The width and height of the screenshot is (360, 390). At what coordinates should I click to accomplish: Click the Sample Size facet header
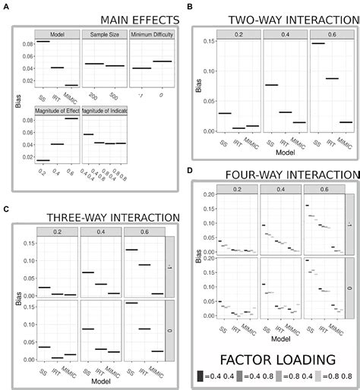[x=105, y=34]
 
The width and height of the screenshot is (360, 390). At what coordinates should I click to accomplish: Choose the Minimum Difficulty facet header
[x=151, y=34]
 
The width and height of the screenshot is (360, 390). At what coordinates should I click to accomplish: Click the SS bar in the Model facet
[x=43, y=41]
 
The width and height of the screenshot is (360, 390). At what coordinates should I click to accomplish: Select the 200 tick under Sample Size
[x=90, y=97]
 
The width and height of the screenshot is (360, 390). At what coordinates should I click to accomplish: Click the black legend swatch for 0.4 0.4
[x=201, y=376]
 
